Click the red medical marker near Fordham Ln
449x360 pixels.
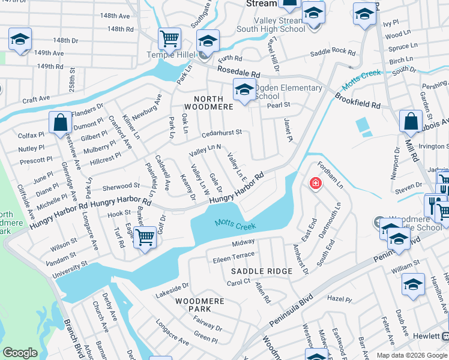313,183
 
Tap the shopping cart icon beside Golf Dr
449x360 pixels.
145,238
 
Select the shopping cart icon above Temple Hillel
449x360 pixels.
170,39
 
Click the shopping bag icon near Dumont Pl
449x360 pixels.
61,123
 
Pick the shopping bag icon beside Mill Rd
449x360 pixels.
411,121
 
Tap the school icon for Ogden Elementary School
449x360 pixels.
244,90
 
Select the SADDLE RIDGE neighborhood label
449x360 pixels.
262,271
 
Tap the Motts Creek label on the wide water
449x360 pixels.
236,226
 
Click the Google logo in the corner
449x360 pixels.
20,353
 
